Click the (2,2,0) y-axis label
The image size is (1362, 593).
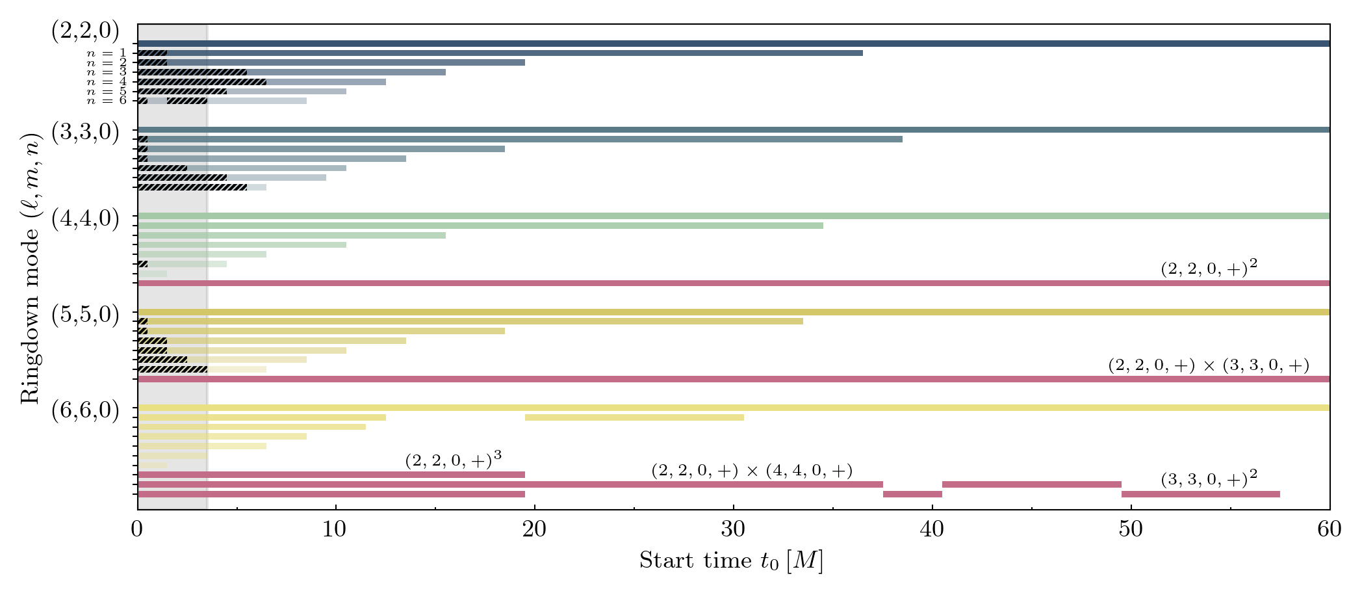pyautogui.click(x=85, y=31)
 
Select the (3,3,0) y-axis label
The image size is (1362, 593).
pyautogui.click(x=85, y=132)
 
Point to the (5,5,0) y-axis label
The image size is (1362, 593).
pyautogui.click(x=85, y=315)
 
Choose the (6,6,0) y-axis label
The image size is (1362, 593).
pyautogui.click(x=85, y=411)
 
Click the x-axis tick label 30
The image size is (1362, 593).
pyautogui.click(x=733, y=529)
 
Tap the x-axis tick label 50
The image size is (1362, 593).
pyautogui.click(x=1131, y=529)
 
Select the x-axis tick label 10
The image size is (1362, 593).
pyautogui.click(x=335, y=529)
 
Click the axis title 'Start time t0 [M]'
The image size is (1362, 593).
pyautogui.click(x=731, y=560)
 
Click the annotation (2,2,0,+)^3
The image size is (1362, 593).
pyautogui.click(x=453, y=460)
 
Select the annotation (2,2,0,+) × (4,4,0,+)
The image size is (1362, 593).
pyautogui.click(x=752, y=470)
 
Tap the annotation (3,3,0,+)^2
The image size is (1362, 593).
pyautogui.click(x=1209, y=480)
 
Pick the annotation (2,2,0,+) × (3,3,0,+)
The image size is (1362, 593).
pyautogui.click(x=1209, y=365)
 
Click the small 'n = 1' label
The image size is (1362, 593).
pyautogui.click(x=107, y=53)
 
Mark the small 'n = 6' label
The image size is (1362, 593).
pyautogui.click(x=107, y=101)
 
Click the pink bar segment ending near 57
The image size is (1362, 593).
pyautogui.click(x=1200, y=494)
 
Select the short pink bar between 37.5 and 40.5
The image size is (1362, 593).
pyautogui.click(x=912, y=494)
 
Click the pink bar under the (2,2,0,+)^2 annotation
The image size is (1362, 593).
pyautogui.click(x=734, y=283)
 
